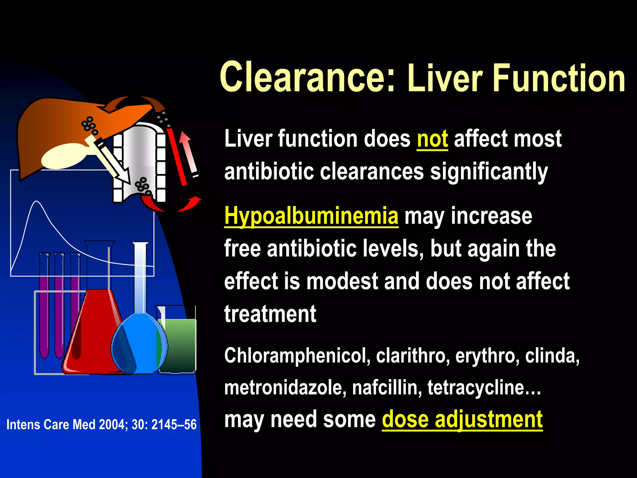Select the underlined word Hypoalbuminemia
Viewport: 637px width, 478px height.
click(311, 216)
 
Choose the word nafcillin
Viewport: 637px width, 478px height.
click(387, 388)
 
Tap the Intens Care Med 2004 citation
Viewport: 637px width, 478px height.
click(101, 424)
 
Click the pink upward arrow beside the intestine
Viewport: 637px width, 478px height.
click(189, 152)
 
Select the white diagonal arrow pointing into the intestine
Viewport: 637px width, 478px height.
click(109, 159)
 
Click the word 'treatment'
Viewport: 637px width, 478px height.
click(270, 314)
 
